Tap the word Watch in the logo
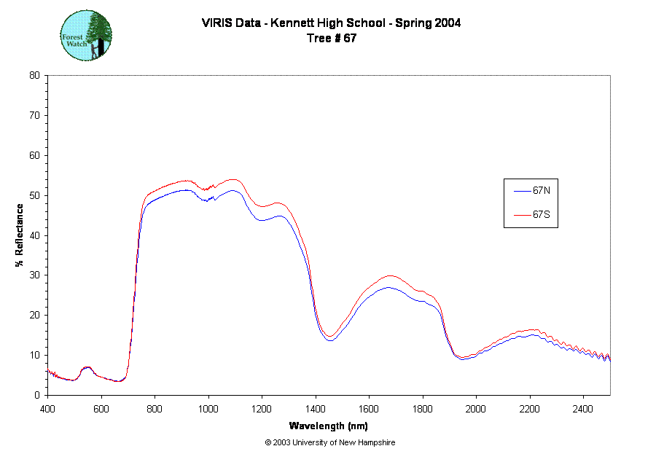pyautogui.click(x=76, y=43)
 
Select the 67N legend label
pyautogui.click(x=541, y=191)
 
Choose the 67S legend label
pyautogui.click(x=541, y=215)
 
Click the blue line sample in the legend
pyautogui.click(x=521, y=192)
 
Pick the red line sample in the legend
pyautogui.click(x=521, y=215)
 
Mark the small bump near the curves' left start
pyautogui.click(x=86, y=368)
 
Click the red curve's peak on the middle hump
pyautogui.click(x=391, y=276)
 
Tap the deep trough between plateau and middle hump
pyautogui.click(x=329, y=337)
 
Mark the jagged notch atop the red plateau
pyautogui.click(x=208, y=189)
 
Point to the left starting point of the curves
pyautogui.click(x=49, y=369)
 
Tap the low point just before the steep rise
pyautogui.click(x=119, y=381)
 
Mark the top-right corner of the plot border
pyautogui.click(x=609, y=75)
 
